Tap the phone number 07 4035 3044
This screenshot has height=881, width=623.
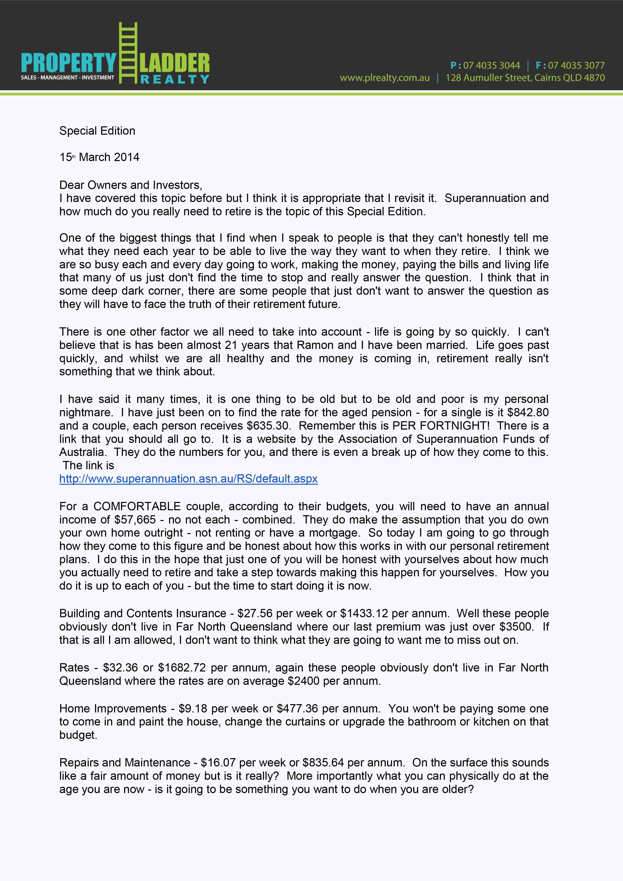click(x=491, y=65)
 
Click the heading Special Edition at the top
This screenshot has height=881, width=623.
click(x=97, y=131)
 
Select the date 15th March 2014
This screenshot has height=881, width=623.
click(x=99, y=157)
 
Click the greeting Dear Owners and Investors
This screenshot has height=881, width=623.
click(x=130, y=185)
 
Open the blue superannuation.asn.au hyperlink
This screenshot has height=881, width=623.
click(x=188, y=479)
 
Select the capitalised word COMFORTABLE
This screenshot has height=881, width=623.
click(x=137, y=506)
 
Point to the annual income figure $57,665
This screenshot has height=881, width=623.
click(x=135, y=520)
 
